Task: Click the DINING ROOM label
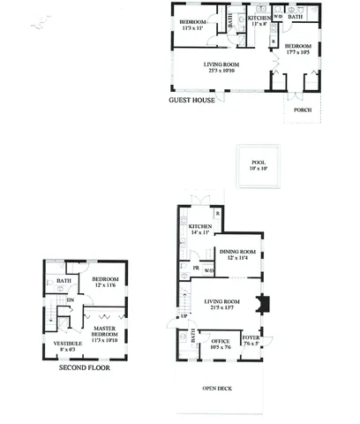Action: (x=239, y=250)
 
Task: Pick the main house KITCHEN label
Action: (x=201, y=227)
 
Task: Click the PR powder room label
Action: (x=195, y=268)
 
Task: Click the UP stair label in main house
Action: (x=184, y=315)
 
